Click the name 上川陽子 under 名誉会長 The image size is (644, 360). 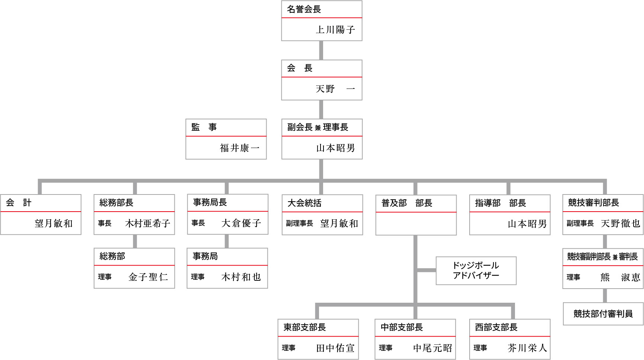pyautogui.click(x=335, y=29)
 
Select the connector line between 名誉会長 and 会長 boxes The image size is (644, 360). pyautogui.click(x=321, y=50)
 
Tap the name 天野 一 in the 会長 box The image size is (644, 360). pyautogui.click(x=335, y=89)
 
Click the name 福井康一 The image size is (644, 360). pyautogui.click(x=239, y=148)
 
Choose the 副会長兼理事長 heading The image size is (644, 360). pyautogui.click(x=318, y=127)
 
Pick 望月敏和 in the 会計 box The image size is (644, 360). pyautogui.click(x=54, y=223)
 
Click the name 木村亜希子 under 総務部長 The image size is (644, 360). pyautogui.click(x=148, y=223)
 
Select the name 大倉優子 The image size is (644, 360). pyautogui.click(x=241, y=223)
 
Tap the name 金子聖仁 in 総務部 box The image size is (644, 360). pyautogui.click(x=148, y=277)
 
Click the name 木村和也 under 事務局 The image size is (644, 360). pyautogui.click(x=241, y=277)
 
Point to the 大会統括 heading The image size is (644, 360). pyautogui.click(x=305, y=203)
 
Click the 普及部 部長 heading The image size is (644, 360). pyautogui.click(x=407, y=203)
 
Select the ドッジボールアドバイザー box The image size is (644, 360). pyautogui.click(x=476, y=270)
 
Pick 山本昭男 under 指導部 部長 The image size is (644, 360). pyautogui.click(x=527, y=224)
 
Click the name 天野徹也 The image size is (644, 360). pyautogui.click(x=620, y=223)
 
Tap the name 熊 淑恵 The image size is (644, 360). pyautogui.click(x=620, y=277)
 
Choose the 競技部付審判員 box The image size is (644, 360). pyautogui.click(x=603, y=314)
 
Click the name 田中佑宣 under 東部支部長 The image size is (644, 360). pyautogui.click(x=335, y=348)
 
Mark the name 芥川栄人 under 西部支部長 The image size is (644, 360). pyautogui.click(x=527, y=348)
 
